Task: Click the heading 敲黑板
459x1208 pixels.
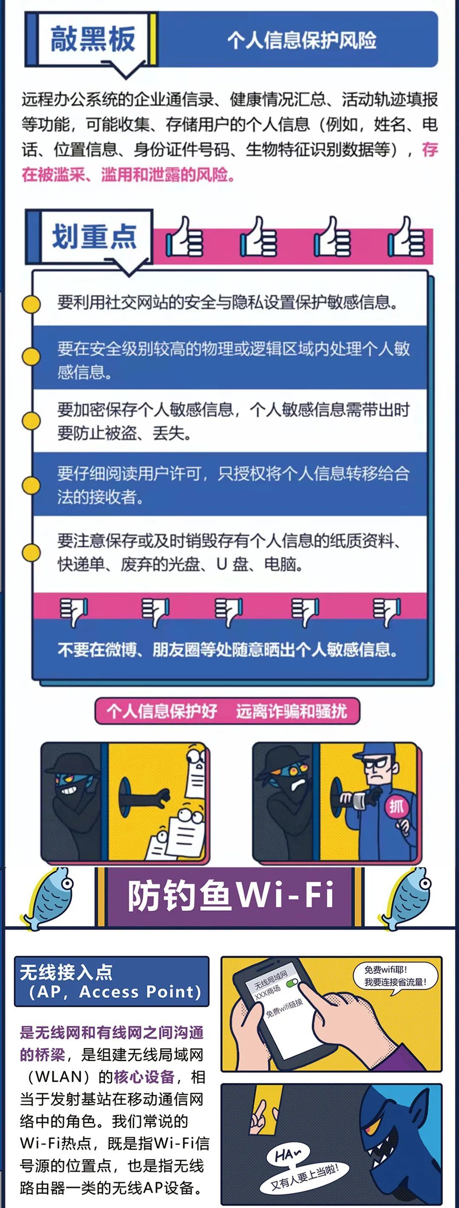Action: click(93, 39)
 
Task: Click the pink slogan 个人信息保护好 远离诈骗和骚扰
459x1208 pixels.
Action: click(227, 711)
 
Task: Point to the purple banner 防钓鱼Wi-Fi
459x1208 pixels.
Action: click(230, 896)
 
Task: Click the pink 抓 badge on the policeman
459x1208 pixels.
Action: click(396, 806)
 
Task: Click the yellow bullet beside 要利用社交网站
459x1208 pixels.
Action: click(31, 304)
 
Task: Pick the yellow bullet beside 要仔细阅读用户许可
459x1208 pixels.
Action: click(31, 485)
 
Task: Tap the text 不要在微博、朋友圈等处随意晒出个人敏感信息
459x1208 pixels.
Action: click(228, 649)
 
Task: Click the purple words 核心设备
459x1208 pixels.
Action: click(144, 1077)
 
